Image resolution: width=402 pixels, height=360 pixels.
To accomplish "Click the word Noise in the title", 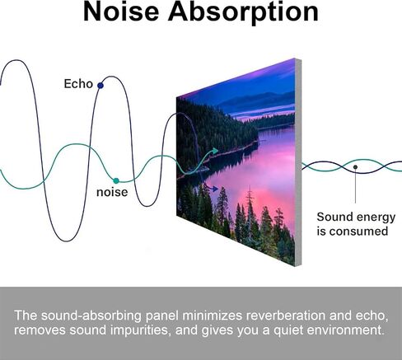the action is click(x=121, y=12).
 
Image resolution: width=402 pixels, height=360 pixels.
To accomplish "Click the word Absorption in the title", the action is click(x=243, y=13).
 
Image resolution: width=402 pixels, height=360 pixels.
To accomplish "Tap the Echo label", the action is click(x=78, y=84).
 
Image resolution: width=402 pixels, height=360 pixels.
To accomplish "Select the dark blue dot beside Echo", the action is click(x=100, y=86).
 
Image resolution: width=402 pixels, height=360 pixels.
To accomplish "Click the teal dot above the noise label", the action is click(x=116, y=180).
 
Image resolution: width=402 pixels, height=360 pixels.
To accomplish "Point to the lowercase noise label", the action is click(x=112, y=192).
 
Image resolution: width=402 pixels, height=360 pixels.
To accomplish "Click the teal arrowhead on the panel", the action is click(x=214, y=151).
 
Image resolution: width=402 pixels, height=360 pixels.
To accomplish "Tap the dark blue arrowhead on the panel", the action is click(x=214, y=189).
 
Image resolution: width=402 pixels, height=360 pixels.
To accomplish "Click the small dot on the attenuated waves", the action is click(x=355, y=166).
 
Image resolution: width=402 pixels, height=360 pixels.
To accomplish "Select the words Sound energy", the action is click(x=356, y=217).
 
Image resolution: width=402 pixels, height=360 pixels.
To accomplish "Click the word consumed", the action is click(x=358, y=231).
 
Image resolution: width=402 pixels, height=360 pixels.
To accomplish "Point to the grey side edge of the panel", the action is click(x=298, y=162).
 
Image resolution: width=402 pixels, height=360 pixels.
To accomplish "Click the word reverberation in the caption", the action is click(x=286, y=316).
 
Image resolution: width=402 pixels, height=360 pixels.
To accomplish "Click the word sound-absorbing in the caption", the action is click(x=91, y=316).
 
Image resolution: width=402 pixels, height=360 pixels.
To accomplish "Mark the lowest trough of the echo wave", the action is click(x=66, y=241).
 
